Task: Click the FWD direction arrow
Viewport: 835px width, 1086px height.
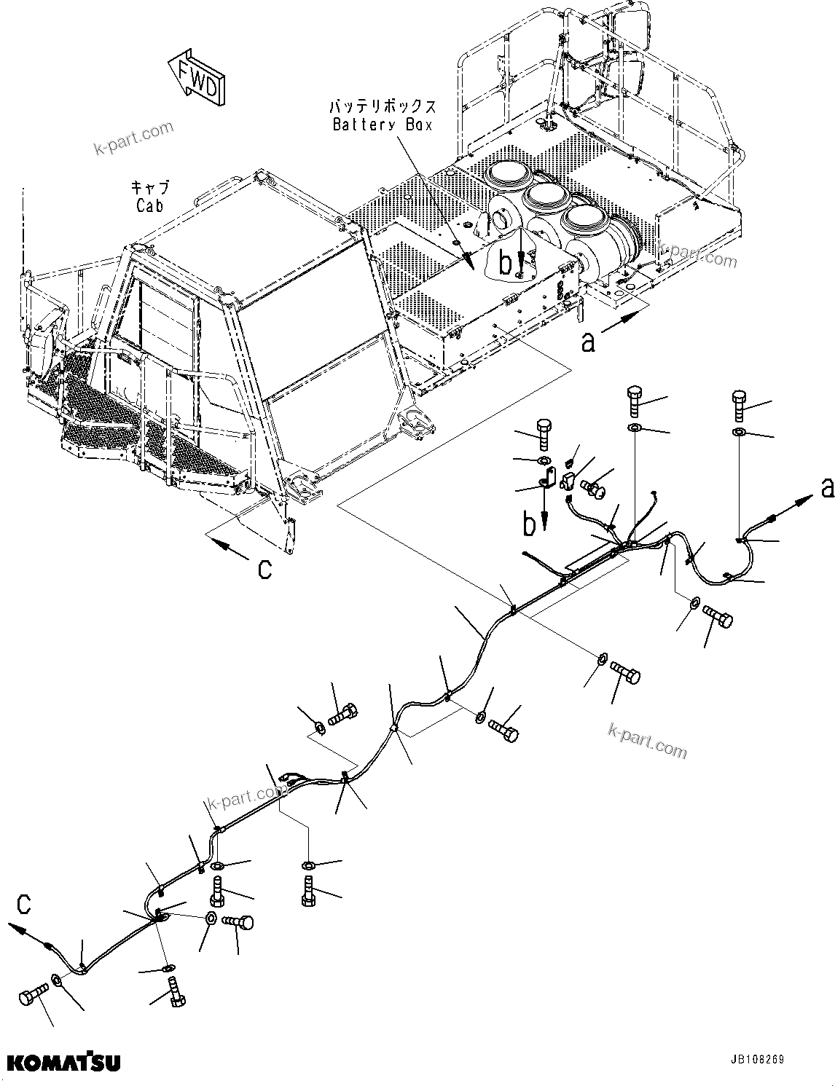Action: tap(196, 78)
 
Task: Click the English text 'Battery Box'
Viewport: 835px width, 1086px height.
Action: tap(383, 125)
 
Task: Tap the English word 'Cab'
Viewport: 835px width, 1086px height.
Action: tap(149, 206)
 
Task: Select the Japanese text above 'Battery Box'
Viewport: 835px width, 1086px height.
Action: tap(383, 106)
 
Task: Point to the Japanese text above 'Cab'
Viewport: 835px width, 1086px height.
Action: tap(149, 188)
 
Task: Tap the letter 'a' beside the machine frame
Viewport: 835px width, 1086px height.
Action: tap(587, 341)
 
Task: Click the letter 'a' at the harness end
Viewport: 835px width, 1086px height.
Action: tap(826, 487)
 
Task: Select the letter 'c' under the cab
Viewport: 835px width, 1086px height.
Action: tap(264, 569)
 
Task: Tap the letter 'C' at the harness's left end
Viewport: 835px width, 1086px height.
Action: tap(24, 905)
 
